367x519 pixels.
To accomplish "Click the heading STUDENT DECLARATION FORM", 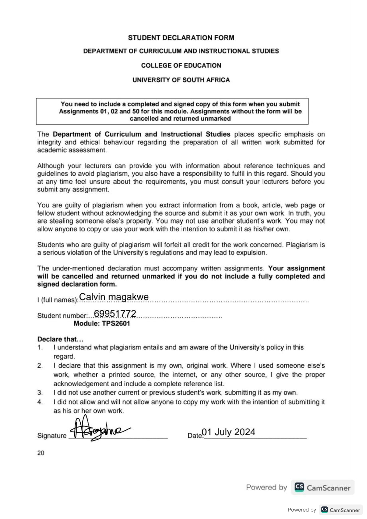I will click(181, 38).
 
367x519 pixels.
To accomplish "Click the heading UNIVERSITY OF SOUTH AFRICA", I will click(181, 80).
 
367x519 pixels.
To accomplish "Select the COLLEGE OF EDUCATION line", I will click(181, 65).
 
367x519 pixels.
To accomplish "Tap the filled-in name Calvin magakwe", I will click(114, 297).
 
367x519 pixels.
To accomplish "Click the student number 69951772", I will click(115, 313).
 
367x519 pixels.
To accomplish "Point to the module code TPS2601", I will click(116, 324).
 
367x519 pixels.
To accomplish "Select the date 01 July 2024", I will click(228, 432).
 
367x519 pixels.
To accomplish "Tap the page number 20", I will click(41, 453).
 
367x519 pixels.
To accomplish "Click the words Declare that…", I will click(60, 339).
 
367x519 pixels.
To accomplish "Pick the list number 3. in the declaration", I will click(40, 393).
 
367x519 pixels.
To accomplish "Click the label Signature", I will click(52, 436).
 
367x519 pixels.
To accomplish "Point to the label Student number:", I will click(62, 316).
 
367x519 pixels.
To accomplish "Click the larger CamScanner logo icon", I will click(299, 487).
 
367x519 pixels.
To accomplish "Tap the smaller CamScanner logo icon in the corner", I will click(324, 510).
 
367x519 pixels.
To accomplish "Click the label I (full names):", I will click(57, 300).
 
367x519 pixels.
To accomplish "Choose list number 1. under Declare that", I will click(40, 347).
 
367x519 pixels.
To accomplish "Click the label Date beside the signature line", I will click(195, 436).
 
